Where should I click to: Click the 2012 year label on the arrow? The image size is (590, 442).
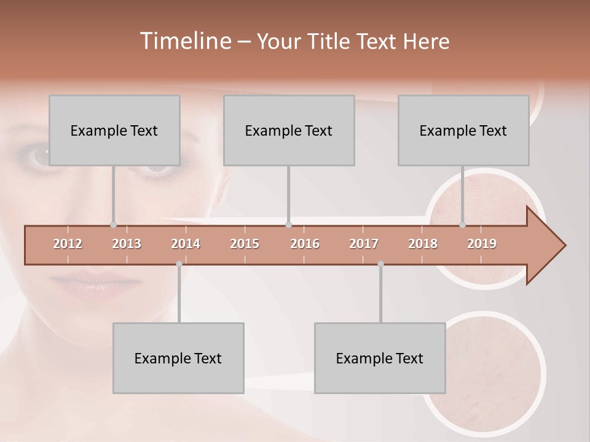[68, 244]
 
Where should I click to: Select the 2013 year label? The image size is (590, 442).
[127, 244]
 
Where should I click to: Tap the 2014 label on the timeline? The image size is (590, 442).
[186, 244]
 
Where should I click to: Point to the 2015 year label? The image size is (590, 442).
[245, 244]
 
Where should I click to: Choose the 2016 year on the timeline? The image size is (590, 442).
[305, 244]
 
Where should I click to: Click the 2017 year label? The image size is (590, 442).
[364, 244]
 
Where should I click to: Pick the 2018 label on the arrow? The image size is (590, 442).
[423, 244]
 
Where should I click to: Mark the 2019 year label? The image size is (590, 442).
[482, 244]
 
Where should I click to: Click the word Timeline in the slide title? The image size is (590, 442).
[184, 41]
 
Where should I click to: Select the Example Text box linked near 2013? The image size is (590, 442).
[114, 130]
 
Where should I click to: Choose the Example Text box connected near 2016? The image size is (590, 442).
[289, 130]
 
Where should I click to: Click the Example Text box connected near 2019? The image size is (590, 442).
[463, 130]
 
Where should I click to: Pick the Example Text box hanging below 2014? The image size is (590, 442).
[178, 358]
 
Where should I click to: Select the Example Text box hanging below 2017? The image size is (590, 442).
[380, 358]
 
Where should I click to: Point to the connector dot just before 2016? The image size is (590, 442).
[288, 225]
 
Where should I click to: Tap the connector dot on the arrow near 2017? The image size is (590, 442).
[380, 264]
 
